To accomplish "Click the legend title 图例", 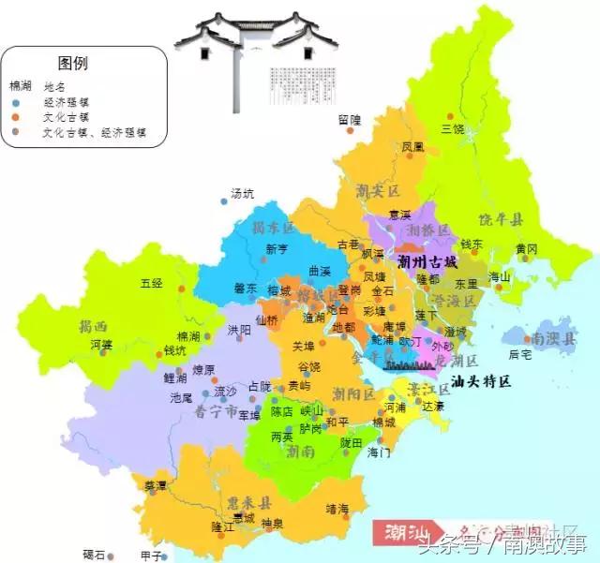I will (72, 64).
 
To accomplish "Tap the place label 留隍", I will (349, 119).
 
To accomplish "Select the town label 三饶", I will (452, 128).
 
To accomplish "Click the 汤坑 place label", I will (242, 194).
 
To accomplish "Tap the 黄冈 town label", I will (526, 248).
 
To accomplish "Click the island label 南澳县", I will (550, 335).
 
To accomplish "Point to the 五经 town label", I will (151, 282).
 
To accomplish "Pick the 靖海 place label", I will (337, 509).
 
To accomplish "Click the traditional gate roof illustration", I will (254, 37).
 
